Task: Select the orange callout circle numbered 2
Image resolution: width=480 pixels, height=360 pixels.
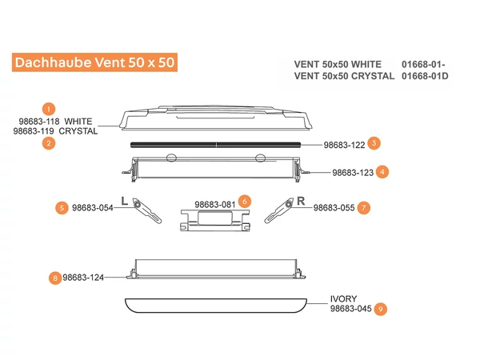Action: tap(49, 143)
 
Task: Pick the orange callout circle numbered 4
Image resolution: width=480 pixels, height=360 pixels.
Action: tap(383, 171)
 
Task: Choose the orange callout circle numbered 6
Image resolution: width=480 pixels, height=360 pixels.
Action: tap(245, 200)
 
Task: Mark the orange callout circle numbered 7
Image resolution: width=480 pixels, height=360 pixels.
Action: tap(364, 207)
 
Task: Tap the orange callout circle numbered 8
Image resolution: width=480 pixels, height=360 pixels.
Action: tap(54, 278)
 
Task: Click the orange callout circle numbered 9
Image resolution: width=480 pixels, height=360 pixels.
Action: tap(381, 308)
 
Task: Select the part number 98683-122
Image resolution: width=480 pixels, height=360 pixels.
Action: tap(344, 146)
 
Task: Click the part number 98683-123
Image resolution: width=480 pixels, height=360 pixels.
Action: tap(354, 172)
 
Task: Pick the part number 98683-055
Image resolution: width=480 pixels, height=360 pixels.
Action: tap(334, 207)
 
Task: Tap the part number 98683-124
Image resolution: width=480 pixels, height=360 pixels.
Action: tap(83, 278)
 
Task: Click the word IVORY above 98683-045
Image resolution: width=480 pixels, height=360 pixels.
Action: tap(344, 298)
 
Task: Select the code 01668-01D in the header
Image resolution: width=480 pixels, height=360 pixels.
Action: tap(425, 76)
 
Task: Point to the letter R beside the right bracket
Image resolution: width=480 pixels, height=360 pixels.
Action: tap(301, 200)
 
